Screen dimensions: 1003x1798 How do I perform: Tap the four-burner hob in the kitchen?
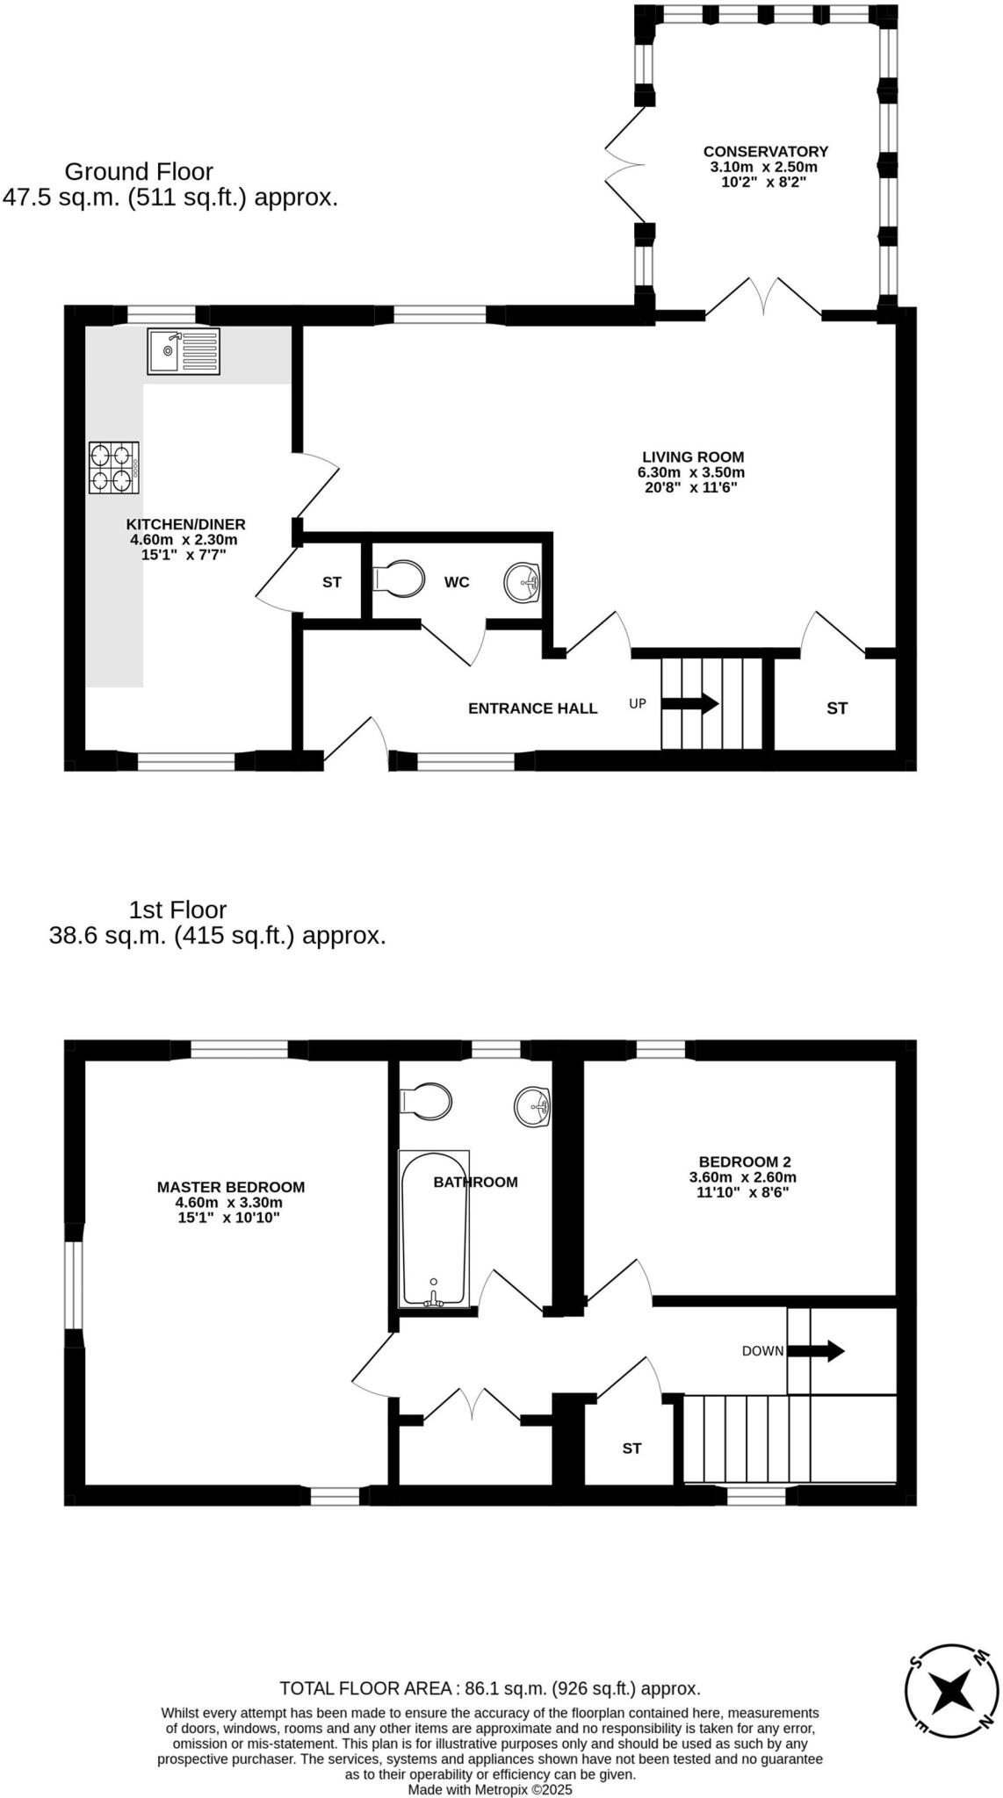114,468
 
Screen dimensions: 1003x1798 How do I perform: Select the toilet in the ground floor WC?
399,579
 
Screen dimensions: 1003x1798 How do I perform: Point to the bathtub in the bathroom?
434,1228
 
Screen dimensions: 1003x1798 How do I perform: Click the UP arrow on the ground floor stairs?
689,703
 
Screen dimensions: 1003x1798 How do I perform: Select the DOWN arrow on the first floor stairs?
815,1350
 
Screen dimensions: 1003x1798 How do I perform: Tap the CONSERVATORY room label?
765,151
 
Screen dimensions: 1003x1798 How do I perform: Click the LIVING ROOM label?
693,457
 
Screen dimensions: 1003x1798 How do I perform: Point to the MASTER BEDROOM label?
231,1187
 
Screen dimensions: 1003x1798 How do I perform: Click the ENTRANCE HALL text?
532,708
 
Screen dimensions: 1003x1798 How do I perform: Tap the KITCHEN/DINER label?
185,525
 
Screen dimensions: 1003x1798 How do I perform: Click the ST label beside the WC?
332,582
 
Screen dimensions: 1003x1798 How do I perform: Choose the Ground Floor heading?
139,171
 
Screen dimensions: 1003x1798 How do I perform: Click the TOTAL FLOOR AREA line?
490,1688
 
